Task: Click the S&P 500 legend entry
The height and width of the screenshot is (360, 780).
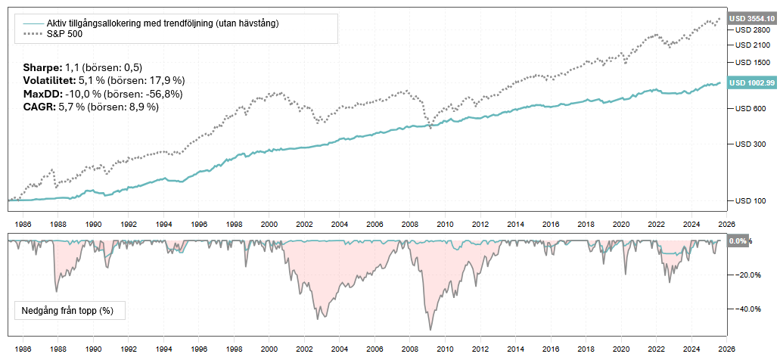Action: pyautogui.click(x=63, y=34)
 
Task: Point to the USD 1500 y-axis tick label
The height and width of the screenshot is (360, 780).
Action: pyautogui.click(x=750, y=63)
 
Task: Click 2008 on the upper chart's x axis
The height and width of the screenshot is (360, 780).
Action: pyautogui.click(x=410, y=225)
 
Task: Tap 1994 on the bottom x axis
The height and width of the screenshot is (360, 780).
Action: pyautogui.click(x=163, y=349)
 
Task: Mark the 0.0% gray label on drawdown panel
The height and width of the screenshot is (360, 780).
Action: pyautogui.click(x=737, y=241)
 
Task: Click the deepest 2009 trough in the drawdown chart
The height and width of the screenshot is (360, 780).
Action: pyautogui.click(x=430, y=330)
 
